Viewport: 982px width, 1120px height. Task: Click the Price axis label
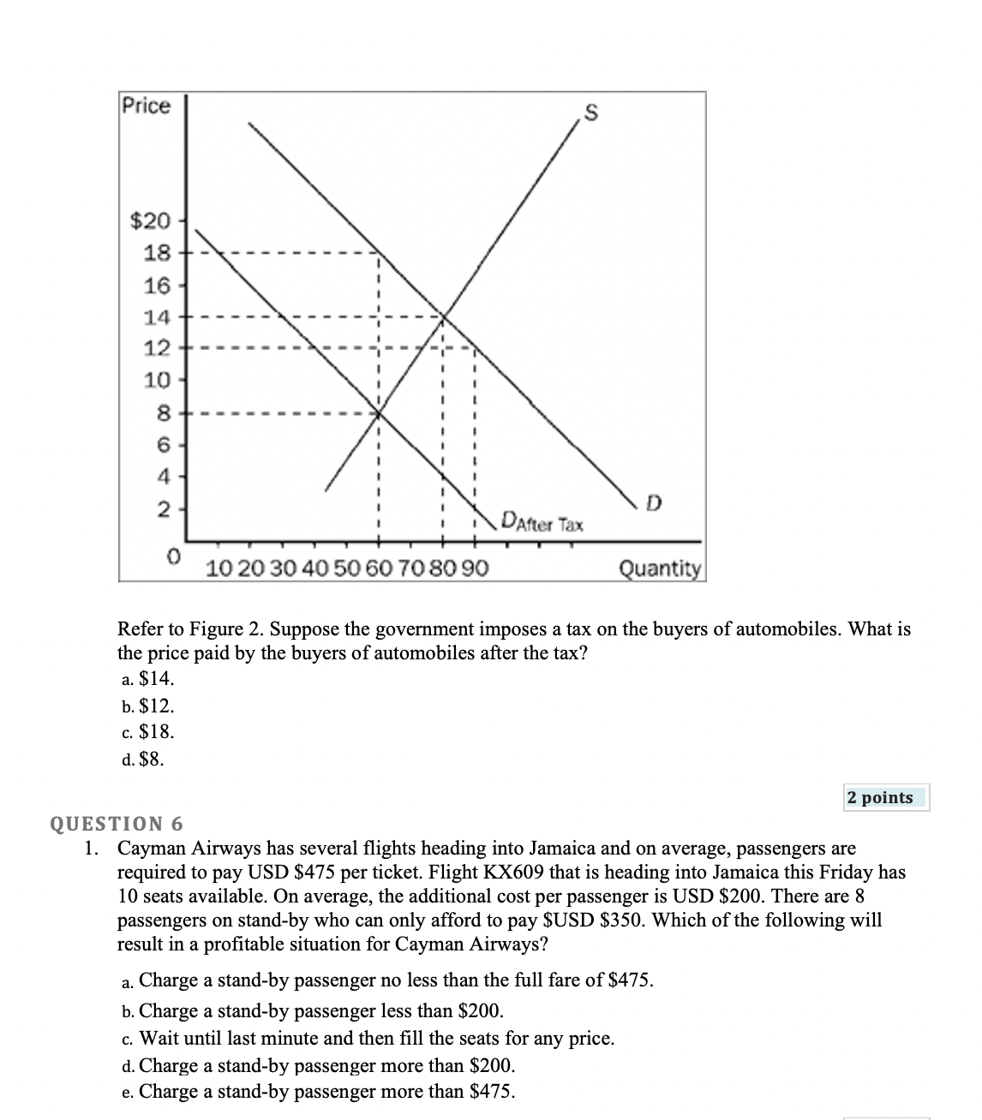147,106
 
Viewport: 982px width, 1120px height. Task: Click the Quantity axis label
660,568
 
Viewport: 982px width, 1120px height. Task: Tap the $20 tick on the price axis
150,222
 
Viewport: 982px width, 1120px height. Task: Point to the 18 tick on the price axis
159,253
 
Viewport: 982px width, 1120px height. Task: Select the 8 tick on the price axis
162,413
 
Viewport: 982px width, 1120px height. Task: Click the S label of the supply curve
590,111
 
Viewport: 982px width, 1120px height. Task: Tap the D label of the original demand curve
654,501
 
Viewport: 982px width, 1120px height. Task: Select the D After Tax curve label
542,522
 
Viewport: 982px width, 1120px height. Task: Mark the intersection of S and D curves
443,316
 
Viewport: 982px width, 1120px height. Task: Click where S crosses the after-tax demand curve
380,413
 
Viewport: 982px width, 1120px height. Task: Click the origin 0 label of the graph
174,557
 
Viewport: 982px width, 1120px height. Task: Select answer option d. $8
143,759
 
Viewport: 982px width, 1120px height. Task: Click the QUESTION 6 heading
117,824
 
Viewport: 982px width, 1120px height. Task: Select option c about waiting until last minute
368,1039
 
